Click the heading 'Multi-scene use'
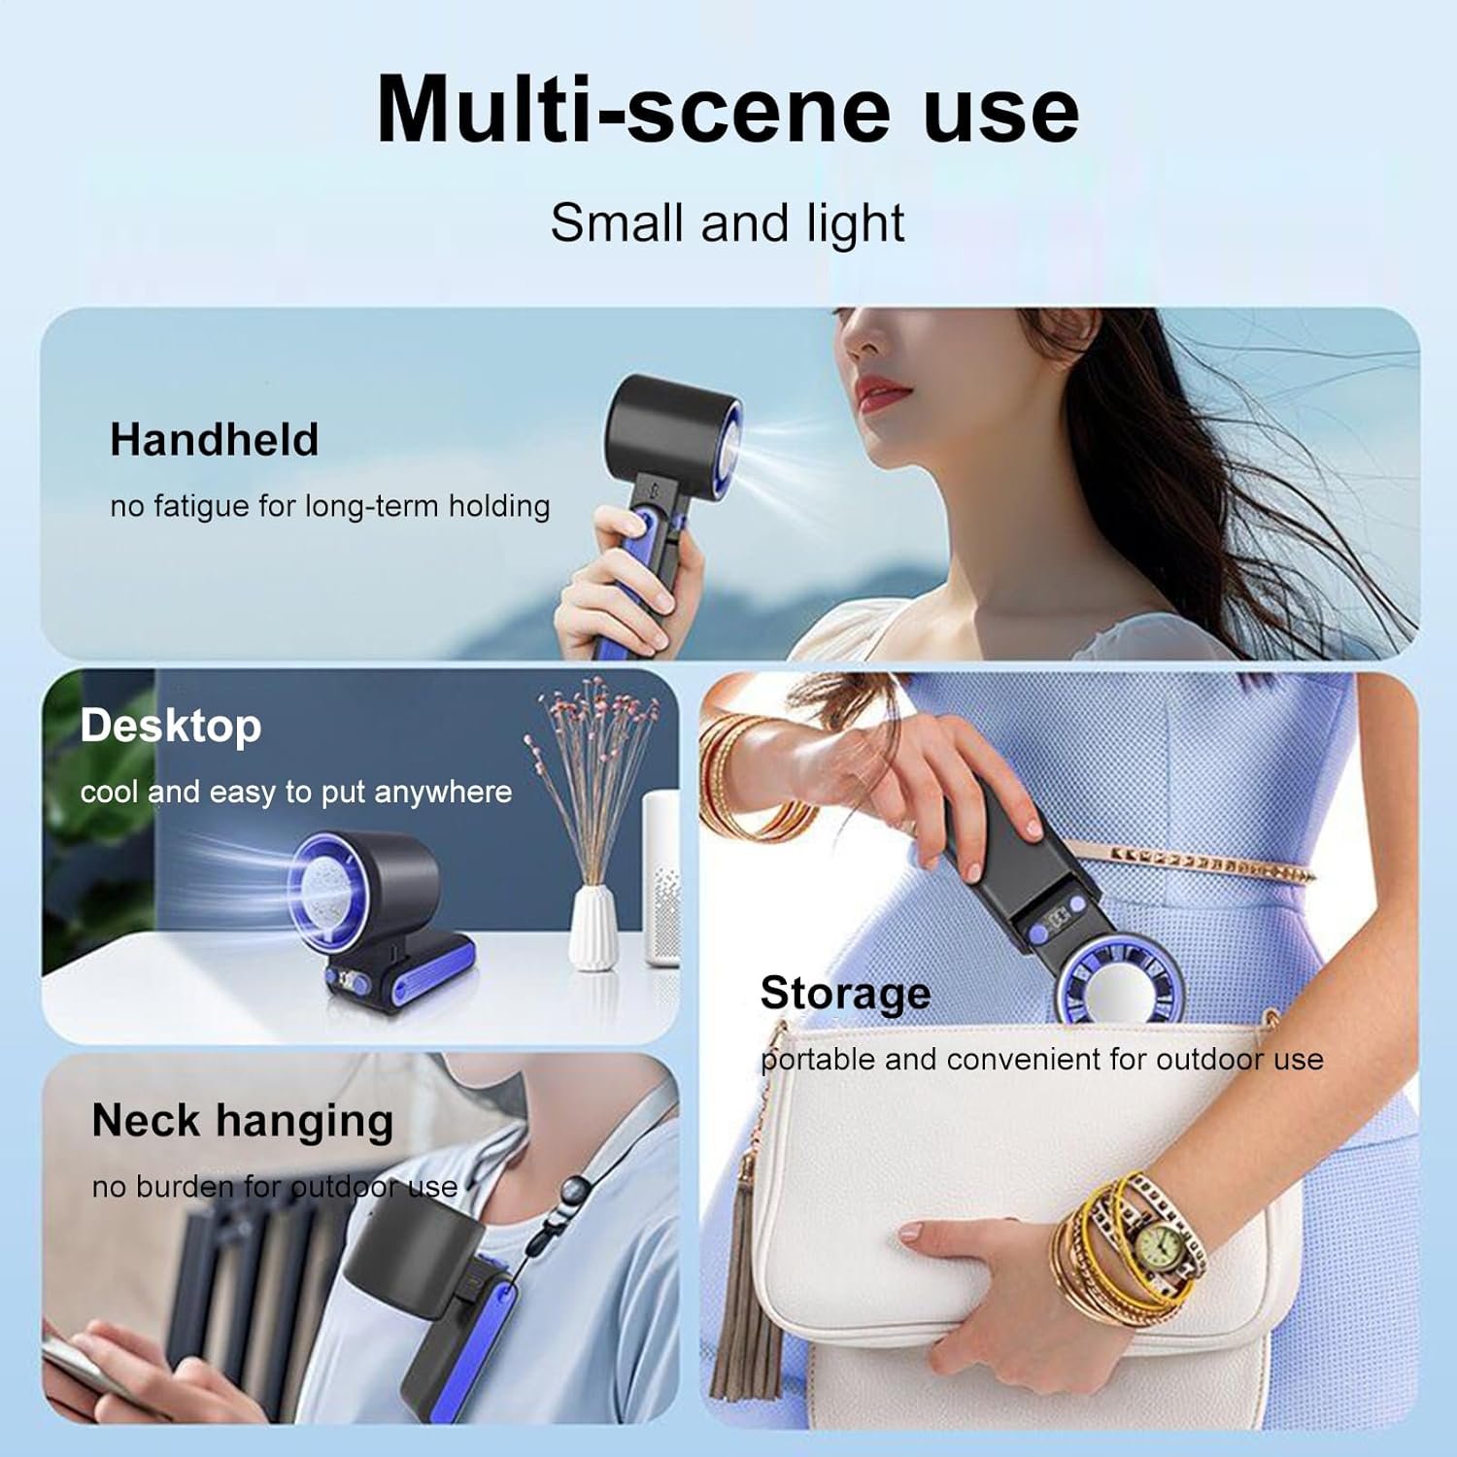tap(728, 109)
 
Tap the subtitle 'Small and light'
tap(728, 223)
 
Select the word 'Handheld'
tap(214, 439)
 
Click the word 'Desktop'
tap(171, 727)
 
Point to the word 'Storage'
tap(845, 994)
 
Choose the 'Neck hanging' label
tap(243, 1121)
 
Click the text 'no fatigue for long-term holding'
tap(330, 506)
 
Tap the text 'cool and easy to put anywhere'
tap(296, 793)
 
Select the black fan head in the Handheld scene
tap(674, 424)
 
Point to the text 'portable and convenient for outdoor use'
tap(1042, 1059)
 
